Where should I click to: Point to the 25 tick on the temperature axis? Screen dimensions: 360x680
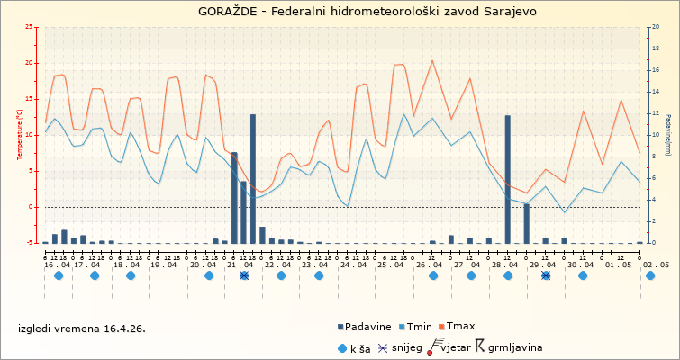click(x=31, y=27)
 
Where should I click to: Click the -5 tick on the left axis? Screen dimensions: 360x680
click(x=31, y=243)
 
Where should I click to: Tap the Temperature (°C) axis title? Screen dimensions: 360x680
click(x=19, y=134)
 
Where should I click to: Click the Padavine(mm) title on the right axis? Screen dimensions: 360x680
click(x=668, y=135)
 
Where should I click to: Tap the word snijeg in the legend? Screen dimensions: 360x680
click(x=407, y=347)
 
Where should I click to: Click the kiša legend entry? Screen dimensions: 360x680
click(x=359, y=347)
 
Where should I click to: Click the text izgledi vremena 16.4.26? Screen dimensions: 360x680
click(x=82, y=328)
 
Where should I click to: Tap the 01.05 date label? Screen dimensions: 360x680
click(x=618, y=265)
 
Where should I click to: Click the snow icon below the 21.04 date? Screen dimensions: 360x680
click(x=244, y=275)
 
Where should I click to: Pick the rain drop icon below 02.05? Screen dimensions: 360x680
click(x=650, y=275)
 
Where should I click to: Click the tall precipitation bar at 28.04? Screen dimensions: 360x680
click(x=508, y=179)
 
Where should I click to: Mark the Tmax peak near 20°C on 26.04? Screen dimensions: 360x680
click(x=432, y=60)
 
